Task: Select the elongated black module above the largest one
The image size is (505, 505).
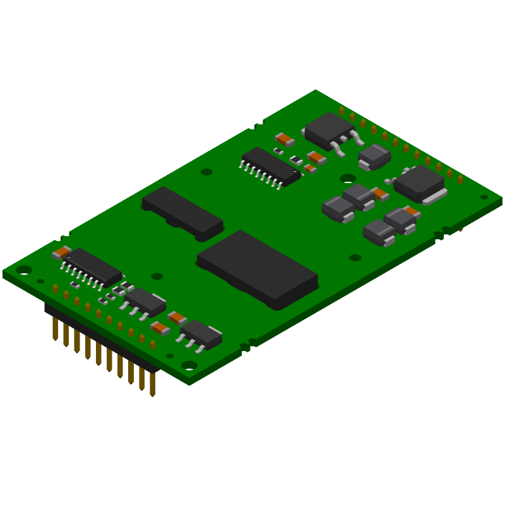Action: [x=182, y=211]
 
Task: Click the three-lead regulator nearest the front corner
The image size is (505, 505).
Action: [x=201, y=334]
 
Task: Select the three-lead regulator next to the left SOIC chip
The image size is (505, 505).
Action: [x=145, y=301]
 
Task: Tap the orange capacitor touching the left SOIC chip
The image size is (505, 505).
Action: [x=61, y=252]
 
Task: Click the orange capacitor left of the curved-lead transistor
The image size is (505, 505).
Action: [x=285, y=139]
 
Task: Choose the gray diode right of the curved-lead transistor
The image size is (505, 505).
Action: [x=374, y=155]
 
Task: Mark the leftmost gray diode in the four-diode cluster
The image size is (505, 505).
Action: [x=338, y=208]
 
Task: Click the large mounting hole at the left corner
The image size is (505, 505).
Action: [x=24, y=270]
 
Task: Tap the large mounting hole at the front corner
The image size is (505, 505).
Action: [x=189, y=365]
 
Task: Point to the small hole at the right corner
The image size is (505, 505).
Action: [x=484, y=197]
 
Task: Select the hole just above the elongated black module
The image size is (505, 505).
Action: [x=206, y=172]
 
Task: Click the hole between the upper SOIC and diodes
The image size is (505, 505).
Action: [x=348, y=178]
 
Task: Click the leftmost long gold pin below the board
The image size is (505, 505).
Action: [x=56, y=328]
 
